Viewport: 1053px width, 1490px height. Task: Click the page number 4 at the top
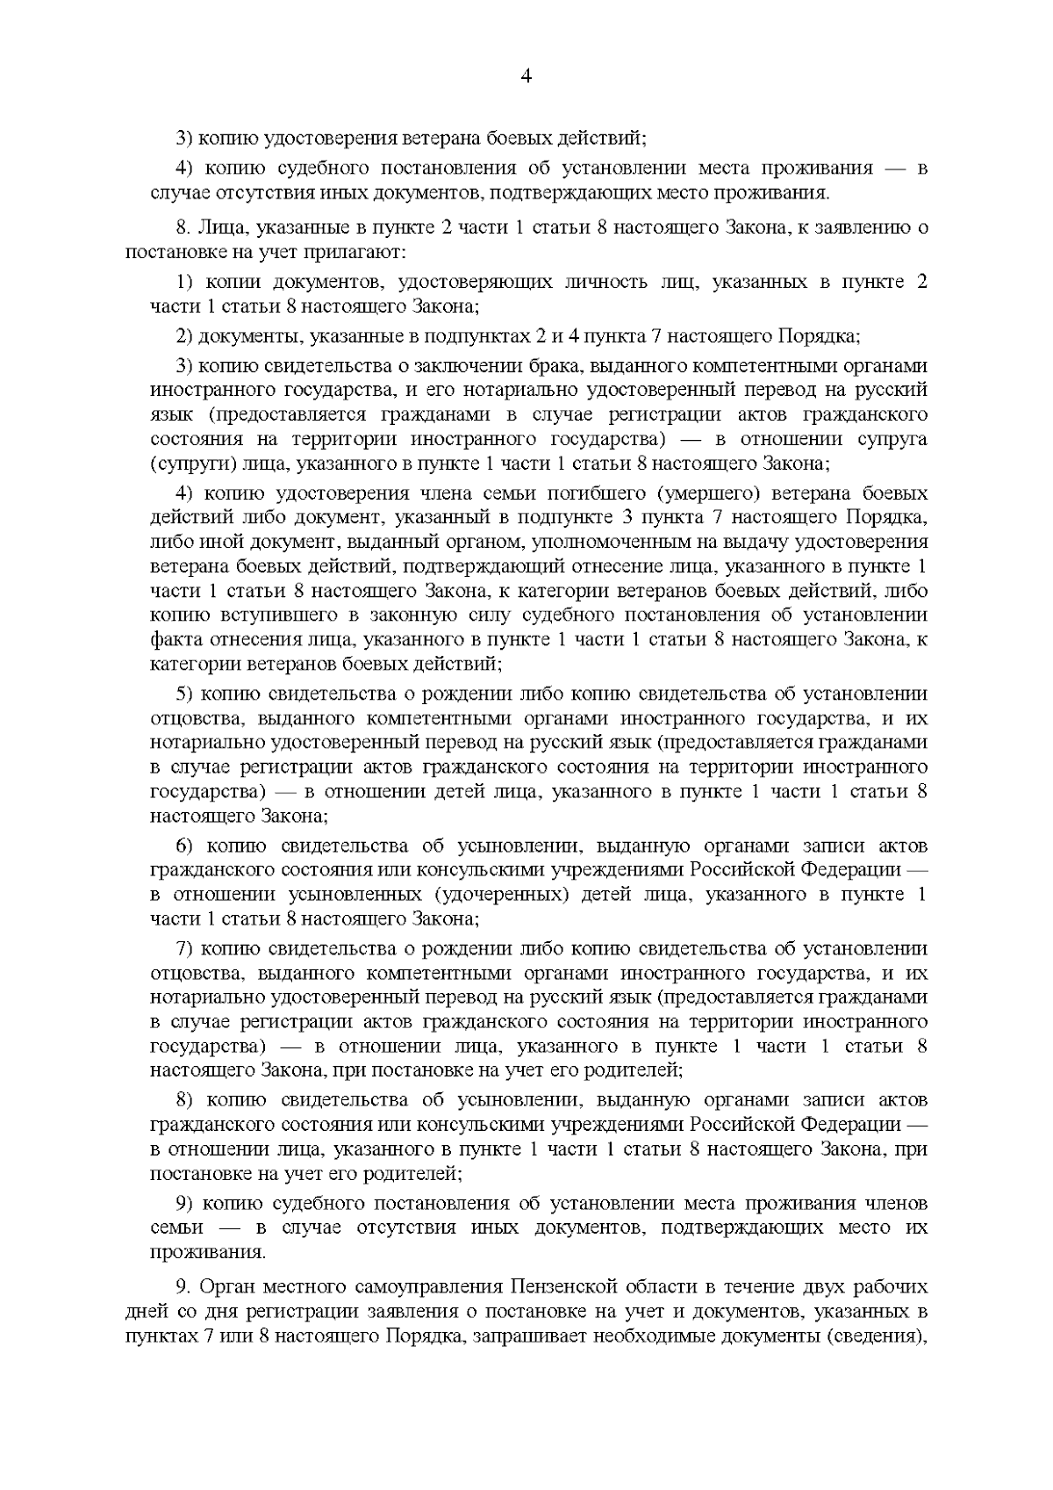tap(526, 76)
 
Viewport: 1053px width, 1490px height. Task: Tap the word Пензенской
tap(575, 1287)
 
